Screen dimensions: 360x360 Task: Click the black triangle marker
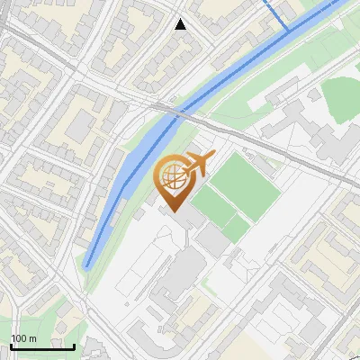pyautogui.click(x=181, y=23)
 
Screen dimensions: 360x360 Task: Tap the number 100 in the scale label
pyautogui.click(x=19, y=338)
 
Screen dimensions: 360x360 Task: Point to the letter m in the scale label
pyautogui.click(x=32, y=338)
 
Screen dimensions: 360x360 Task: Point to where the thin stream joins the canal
pyautogui.click(x=289, y=32)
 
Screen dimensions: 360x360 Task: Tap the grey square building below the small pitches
pyautogui.click(x=213, y=240)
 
